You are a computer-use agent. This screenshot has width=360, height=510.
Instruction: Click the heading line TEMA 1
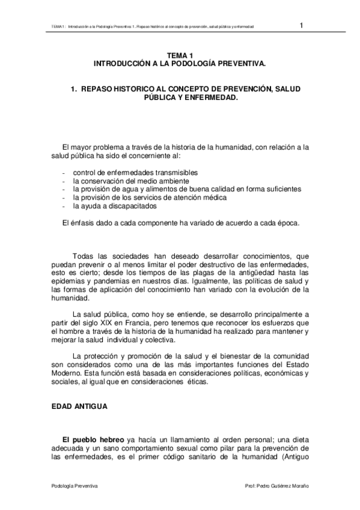pos(179,55)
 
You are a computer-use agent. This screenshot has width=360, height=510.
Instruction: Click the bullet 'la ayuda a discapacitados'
pos(115,206)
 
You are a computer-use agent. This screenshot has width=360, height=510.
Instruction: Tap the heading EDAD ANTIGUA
pos(79,407)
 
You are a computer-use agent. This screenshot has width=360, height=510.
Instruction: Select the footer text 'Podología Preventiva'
pos(75,485)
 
